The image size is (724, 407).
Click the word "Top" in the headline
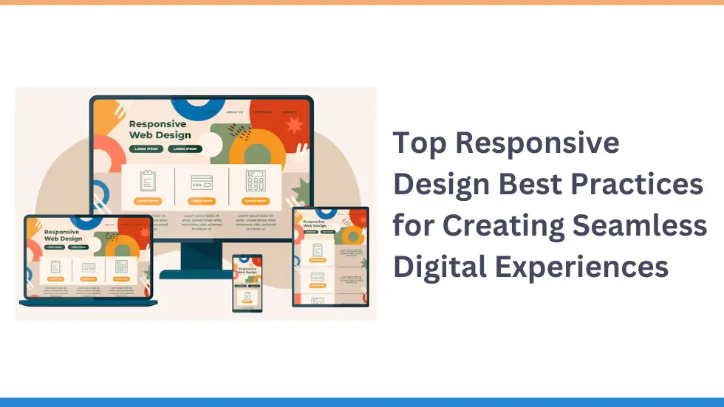419,143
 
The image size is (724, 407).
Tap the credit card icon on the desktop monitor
202,182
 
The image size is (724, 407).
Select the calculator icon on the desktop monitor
256,182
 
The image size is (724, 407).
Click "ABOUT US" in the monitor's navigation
234,112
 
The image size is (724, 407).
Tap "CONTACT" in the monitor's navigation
289,112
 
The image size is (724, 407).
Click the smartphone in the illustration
247,283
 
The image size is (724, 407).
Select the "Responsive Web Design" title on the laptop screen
63,235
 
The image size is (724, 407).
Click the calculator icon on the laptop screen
120,266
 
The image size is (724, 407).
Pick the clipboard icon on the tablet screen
318,250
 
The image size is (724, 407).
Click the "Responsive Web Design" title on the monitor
160,130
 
